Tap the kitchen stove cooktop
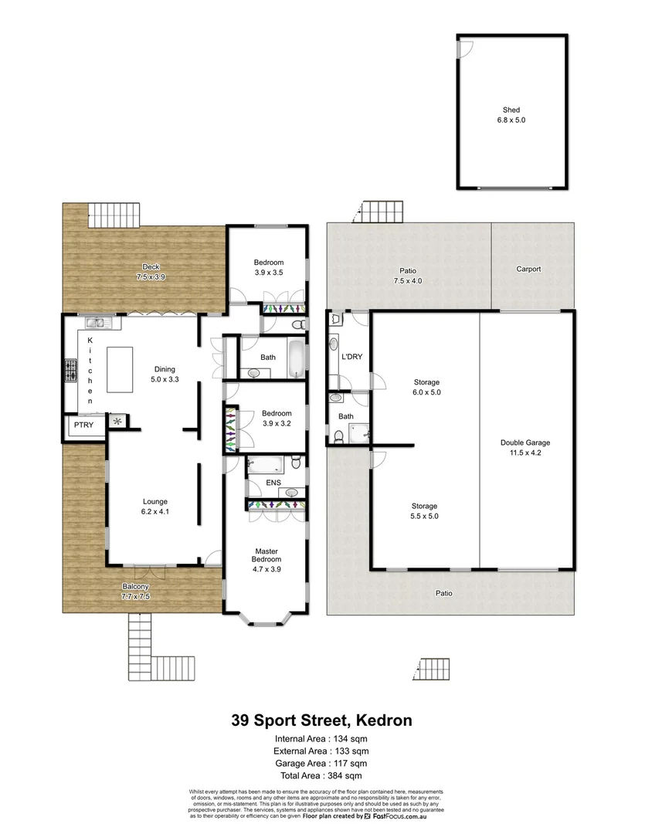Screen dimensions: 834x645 click(71, 371)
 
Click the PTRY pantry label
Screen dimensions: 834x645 click(83, 425)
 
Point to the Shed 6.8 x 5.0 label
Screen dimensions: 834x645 click(511, 116)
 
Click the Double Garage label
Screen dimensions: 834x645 click(524, 447)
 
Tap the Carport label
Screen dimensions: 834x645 click(528, 270)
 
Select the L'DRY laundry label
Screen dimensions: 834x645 click(351, 357)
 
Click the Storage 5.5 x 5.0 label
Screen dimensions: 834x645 click(423, 511)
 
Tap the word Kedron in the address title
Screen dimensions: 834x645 click(383, 720)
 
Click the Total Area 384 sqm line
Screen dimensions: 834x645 click(321, 775)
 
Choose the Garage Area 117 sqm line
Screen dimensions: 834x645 click(321, 763)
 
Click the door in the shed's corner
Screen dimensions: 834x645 click(463, 47)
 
